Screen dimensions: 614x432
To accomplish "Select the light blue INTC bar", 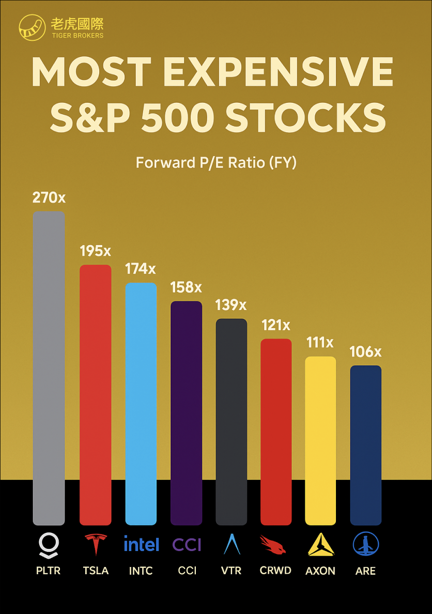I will pos(141,404).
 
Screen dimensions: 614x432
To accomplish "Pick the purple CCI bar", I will pos(186,413).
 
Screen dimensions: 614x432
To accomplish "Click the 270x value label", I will pos(49,197).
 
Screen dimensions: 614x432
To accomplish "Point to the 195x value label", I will pos(95,251).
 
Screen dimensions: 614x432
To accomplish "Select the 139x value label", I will pos(231,305).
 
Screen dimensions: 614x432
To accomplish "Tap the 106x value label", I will pos(365,352).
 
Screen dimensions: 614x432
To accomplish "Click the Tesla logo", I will pos(96,544).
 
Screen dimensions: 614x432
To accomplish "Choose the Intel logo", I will pos(141,544).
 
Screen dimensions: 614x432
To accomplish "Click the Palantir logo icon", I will pos(49,545).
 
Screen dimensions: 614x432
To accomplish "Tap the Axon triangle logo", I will pos(320,544).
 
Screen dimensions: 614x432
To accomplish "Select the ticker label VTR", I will pos(231,571).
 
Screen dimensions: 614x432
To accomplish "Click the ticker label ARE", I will pos(365,571).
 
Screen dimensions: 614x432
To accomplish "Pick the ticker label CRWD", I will pos(275,571).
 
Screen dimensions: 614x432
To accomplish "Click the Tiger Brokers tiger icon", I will pos(32,28).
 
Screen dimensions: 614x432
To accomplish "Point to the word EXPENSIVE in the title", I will pos(281,72).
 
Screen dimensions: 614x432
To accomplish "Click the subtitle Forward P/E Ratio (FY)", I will pos(216,163).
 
